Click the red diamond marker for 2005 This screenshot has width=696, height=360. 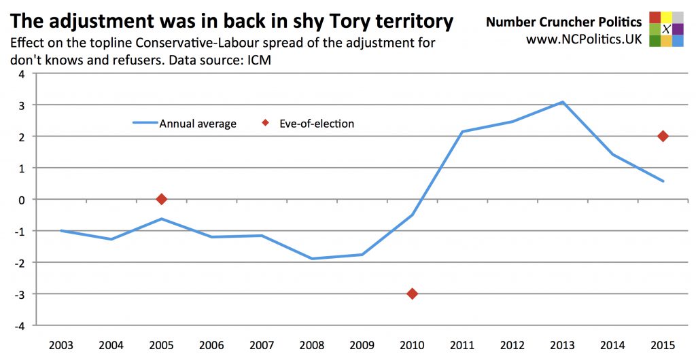click(x=161, y=199)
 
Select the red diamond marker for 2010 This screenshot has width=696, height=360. click(x=412, y=293)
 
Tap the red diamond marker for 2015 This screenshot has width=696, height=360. click(x=663, y=137)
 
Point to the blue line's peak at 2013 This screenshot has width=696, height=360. click(x=562, y=102)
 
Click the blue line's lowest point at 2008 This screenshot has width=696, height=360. click(x=311, y=259)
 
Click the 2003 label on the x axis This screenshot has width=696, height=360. click(x=60, y=344)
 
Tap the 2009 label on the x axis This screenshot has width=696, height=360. click(x=362, y=344)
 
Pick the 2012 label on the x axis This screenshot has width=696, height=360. click(x=512, y=344)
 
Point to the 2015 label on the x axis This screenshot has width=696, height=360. click(x=663, y=344)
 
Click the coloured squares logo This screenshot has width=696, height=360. click(x=666, y=29)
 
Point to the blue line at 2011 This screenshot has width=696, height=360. click(x=462, y=132)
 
